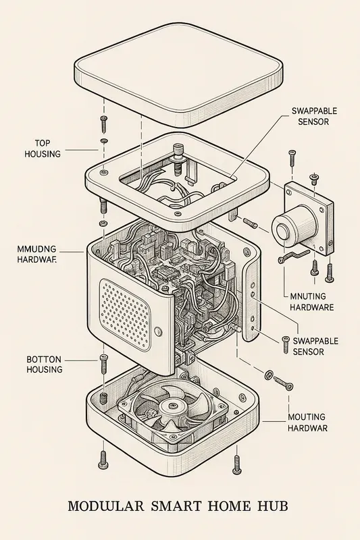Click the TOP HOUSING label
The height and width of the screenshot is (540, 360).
pyautogui.click(x=43, y=148)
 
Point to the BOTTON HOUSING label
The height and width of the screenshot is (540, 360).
pyautogui.click(x=45, y=364)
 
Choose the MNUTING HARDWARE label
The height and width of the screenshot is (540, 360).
pyautogui.click(x=311, y=301)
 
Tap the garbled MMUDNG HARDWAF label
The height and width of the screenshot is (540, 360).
pyautogui.click(x=36, y=253)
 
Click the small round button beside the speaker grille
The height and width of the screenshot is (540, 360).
pyautogui.click(x=158, y=331)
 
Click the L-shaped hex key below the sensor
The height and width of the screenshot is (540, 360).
pyautogui.click(x=292, y=256)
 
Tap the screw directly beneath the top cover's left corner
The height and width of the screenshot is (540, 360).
pyautogui.click(x=103, y=124)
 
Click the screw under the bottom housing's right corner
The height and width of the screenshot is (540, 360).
pyautogui.click(x=236, y=463)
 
